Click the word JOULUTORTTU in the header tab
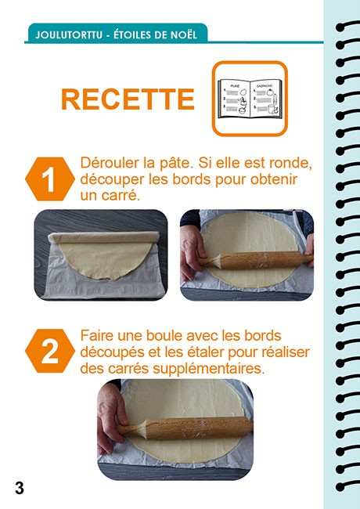(x=69, y=34)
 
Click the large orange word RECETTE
(x=128, y=99)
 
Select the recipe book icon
(x=250, y=99)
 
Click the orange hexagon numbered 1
(x=49, y=179)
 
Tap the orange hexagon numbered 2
(x=49, y=351)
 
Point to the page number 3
(x=20, y=488)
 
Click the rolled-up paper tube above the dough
(x=103, y=237)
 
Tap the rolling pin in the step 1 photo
(x=255, y=260)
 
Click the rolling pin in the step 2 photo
(x=184, y=428)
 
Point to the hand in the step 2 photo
(x=111, y=417)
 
